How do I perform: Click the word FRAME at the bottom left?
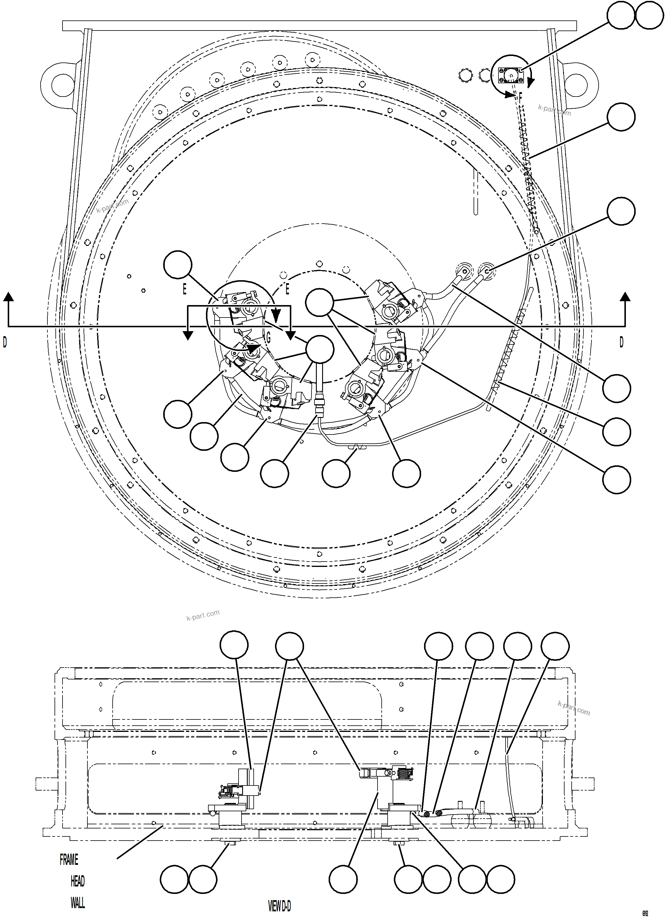point(69,860)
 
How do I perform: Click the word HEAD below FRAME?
point(78,881)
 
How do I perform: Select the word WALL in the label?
point(78,903)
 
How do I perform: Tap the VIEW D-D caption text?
point(279,907)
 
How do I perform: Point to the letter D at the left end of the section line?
point(5,342)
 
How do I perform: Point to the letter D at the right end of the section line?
point(621,342)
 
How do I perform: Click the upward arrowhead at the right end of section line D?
point(625,297)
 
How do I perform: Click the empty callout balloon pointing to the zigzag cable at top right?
point(621,117)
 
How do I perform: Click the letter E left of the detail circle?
point(184,289)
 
